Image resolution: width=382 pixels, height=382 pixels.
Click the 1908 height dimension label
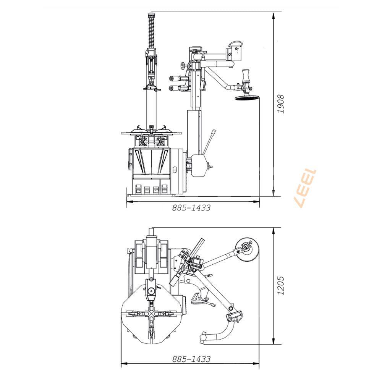point(281,104)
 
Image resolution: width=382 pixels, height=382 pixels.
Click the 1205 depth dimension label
point(281,285)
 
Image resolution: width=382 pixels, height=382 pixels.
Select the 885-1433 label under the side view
point(191,208)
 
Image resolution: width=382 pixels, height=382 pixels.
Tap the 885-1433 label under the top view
point(191,359)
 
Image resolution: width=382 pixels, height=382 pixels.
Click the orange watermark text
point(306,188)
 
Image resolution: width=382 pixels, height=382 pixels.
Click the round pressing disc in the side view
point(247,98)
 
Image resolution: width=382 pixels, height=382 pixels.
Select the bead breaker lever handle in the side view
point(209,142)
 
